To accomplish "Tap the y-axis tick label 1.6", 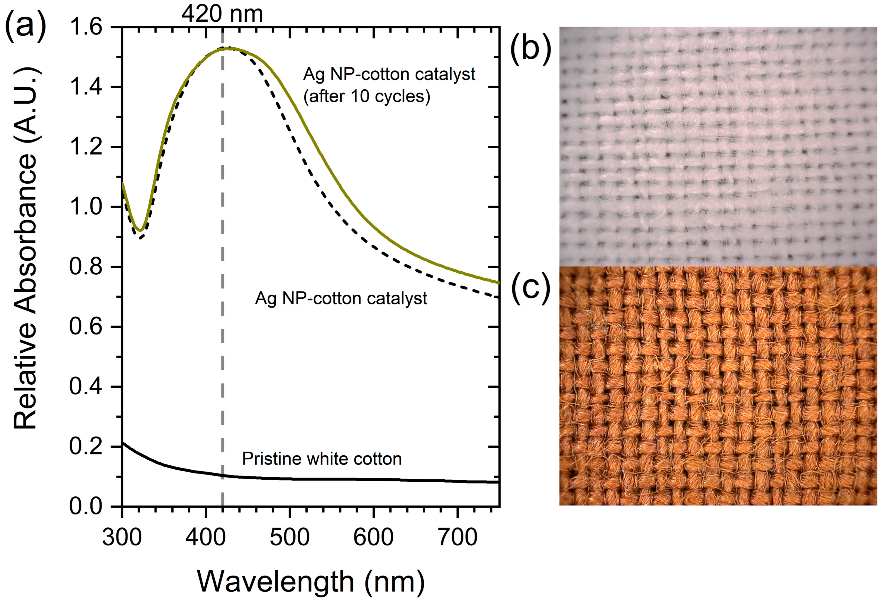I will point(86,27).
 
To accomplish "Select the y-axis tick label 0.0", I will point(86,506).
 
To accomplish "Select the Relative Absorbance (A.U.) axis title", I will point(26,248).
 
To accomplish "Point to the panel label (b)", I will point(531,49).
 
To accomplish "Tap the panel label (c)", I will point(531,288).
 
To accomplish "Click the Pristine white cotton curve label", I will point(322,459).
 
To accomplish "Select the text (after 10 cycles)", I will point(367,96).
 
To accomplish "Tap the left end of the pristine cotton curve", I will point(123,443).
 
